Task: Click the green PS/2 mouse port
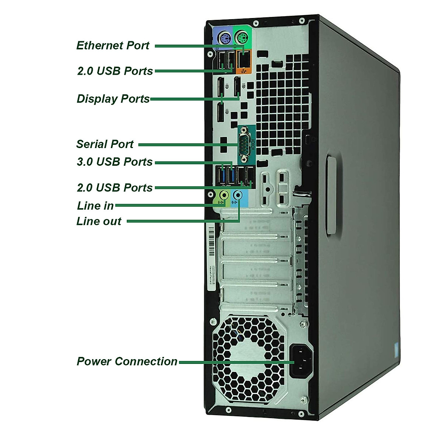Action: tap(241, 37)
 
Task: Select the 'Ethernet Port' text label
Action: tap(113, 45)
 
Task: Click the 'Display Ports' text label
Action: tap(113, 99)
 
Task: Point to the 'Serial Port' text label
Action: tap(105, 144)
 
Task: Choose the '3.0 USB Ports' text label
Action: tap(115, 162)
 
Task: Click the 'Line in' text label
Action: tap(95, 206)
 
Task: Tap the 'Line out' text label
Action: tap(99, 221)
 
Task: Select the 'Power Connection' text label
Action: tap(127, 361)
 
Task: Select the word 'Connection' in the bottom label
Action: tap(146, 361)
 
